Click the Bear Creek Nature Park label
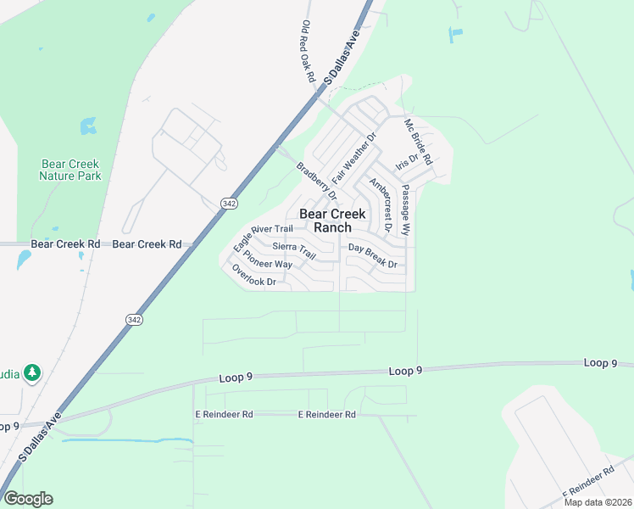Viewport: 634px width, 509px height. [70, 170]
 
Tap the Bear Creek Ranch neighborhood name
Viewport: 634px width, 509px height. [332, 221]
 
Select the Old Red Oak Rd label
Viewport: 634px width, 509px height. [309, 52]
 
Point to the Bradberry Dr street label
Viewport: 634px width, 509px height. [310, 176]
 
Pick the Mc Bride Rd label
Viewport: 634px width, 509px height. [418, 142]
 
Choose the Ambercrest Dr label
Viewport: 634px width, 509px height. [379, 204]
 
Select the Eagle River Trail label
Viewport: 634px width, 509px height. [263, 234]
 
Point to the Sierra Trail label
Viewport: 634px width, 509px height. [294, 250]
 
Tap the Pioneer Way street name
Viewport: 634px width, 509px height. [267, 260]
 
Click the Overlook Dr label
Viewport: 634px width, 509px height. [254, 275]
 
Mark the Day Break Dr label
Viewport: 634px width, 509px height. [373, 256]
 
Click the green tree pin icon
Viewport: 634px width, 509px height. [32, 372]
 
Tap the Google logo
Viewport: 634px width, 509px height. [27, 499]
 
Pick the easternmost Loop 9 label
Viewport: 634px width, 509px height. [600, 363]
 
